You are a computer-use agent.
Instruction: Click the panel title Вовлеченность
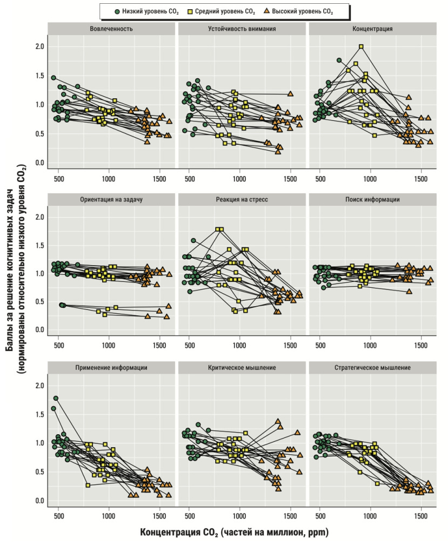point(112,29)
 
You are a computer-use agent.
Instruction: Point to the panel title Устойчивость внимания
point(242,29)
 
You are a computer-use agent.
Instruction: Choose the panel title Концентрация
point(372,29)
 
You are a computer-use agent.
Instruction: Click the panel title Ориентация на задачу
point(112,199)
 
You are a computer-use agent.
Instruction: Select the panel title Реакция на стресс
point(242,199)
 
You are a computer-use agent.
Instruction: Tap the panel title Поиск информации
point(372,199)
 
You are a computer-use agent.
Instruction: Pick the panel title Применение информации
point(112,368)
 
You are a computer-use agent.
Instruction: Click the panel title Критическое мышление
point(242,368)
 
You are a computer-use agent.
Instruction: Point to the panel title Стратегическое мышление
point(372,368)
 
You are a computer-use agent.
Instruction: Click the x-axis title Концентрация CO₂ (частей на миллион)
point(234,532)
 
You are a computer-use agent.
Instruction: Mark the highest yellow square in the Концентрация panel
point(361,46)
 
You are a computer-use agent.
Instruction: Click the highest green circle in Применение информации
point(56,398)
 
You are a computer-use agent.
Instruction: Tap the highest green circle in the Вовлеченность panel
point(54,78)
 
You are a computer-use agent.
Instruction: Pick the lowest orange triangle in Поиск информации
point(409,291)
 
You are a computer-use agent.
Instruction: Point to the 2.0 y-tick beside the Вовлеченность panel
point(39,46)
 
